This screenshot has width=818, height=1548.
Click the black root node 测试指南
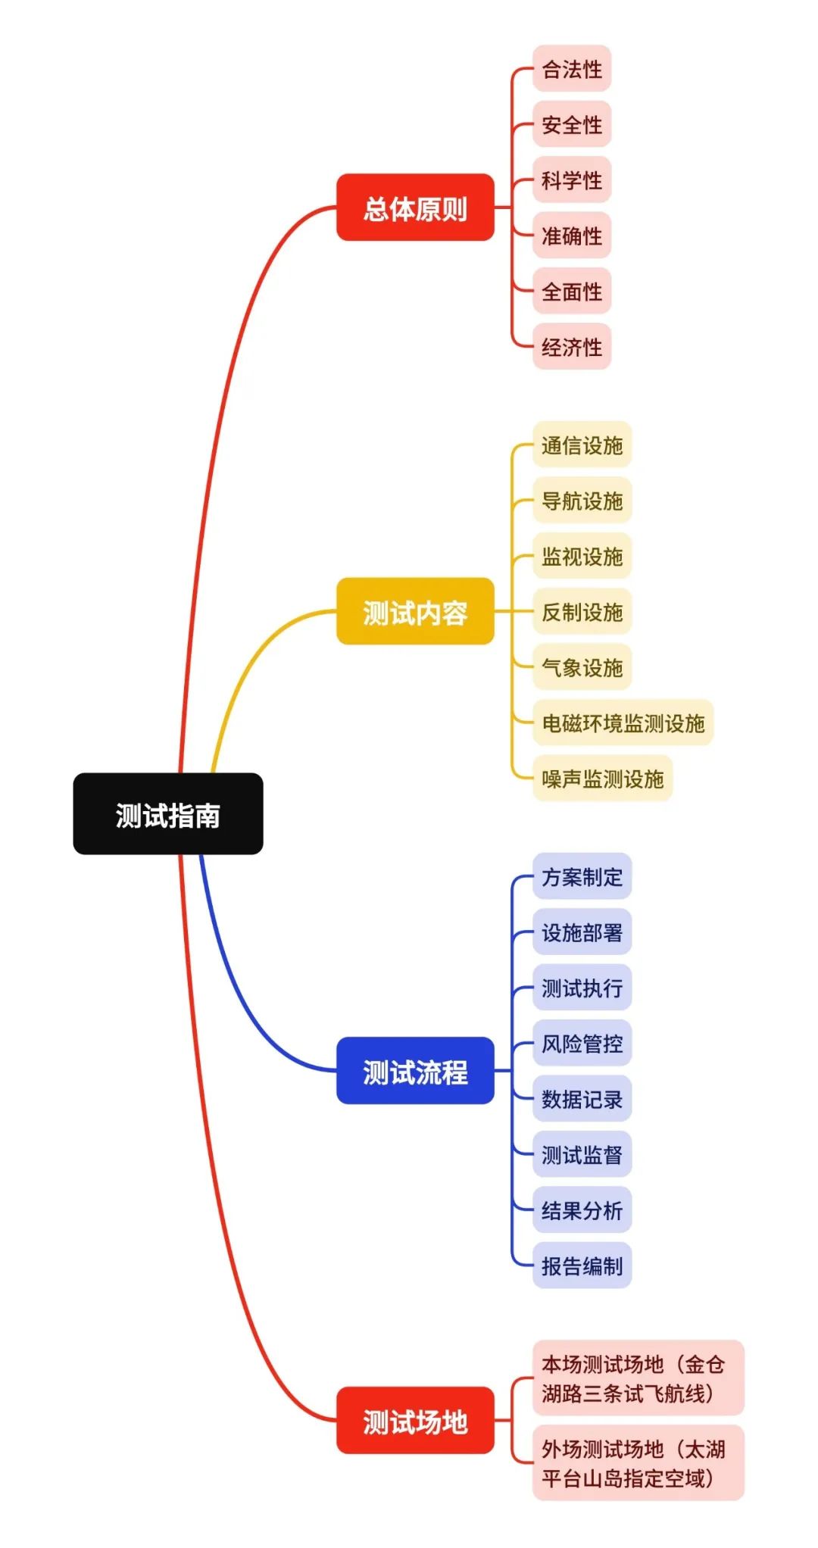167,814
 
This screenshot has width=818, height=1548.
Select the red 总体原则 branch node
415,208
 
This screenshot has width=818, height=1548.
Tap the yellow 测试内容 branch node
415,611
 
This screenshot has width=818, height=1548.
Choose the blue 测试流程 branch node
415,1070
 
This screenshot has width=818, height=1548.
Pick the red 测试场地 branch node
415,1420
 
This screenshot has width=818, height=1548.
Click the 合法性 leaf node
572,69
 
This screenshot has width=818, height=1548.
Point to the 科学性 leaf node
572,180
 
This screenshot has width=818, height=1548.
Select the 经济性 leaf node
572,347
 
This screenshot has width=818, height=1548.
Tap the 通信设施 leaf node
582,445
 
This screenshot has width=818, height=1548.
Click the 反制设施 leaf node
582,611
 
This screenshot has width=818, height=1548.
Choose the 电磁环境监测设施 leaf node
623,723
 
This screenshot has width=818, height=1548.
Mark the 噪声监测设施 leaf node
602,778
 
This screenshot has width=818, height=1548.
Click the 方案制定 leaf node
582,876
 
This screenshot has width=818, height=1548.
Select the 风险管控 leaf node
582,1043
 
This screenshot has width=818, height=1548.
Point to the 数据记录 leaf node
582,1098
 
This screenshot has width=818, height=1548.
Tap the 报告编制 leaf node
582,1265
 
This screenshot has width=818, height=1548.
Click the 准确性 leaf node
572,236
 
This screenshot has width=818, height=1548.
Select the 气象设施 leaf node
582,666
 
